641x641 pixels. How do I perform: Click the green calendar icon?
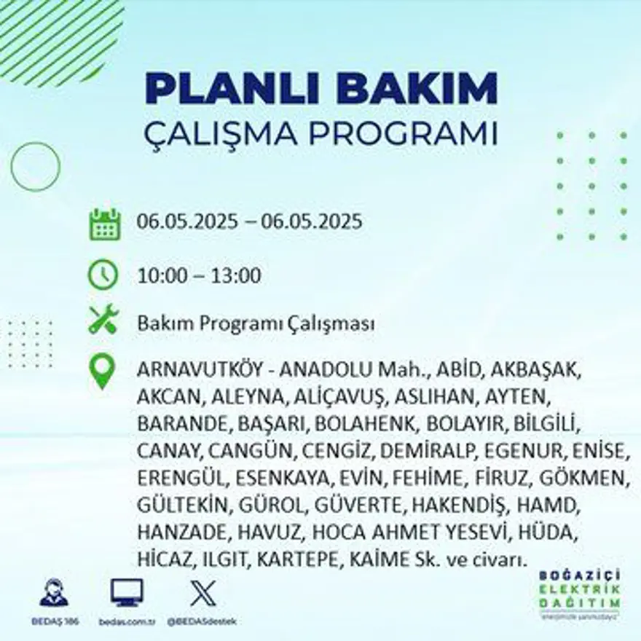click(x=104, y=224)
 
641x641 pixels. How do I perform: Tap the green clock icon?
click(x=103, y=275)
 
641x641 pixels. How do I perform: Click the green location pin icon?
click(x=103, y=370)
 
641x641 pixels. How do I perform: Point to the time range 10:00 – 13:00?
click(x=199, y=276)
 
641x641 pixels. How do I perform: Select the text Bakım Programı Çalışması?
click(x=256, y=323)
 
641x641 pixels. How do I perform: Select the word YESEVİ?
click(x=474, y=532)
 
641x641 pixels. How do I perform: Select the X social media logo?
click(x=201, y=593)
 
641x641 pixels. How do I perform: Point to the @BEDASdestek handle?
click(x=201, y=621)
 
